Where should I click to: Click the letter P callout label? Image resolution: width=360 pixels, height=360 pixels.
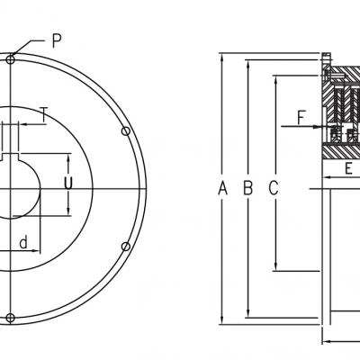(x=57, y=40)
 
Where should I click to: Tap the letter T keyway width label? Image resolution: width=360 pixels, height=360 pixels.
(x=44, y=114)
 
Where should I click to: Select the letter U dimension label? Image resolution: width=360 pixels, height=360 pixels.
(x=68, y=183)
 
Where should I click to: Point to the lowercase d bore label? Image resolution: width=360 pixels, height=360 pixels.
(x=23, y=242)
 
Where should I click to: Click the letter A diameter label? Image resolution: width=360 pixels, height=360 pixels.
(x=222, y=188)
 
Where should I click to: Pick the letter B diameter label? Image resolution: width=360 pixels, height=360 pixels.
(x=248, y=188)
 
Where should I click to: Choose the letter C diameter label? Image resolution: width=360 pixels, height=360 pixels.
(x=274, y=188)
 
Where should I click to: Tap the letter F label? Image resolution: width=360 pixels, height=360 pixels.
(x=301, y=117)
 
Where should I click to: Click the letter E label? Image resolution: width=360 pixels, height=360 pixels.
(x=348, y=168)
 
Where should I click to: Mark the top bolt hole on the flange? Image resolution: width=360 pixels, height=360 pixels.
(x=11, y=59)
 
